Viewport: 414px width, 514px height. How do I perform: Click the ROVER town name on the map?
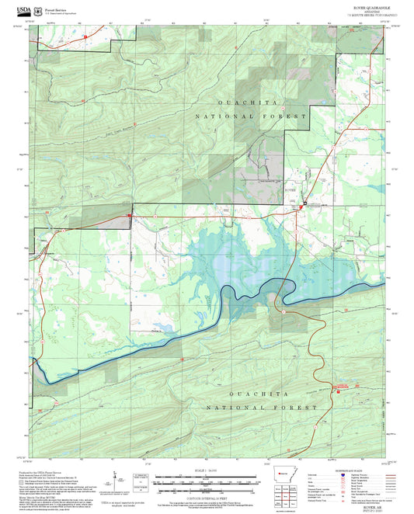tap(290, 189)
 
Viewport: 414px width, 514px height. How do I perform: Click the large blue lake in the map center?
tap(233, 264)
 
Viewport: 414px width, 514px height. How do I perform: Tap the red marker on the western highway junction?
tap(130, 215)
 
